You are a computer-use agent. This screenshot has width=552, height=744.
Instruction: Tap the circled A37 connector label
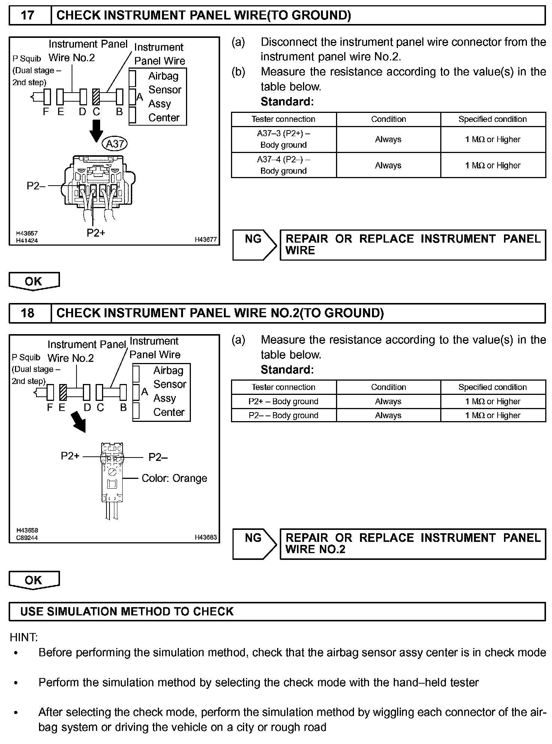(x=115, y=144)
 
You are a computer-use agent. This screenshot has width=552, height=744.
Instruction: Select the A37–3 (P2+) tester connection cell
(x=283, y=139)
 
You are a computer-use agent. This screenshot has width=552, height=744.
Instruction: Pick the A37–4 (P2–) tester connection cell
(x=283, y=165)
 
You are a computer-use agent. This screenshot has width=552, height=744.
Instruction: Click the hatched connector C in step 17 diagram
(x=96, y=97)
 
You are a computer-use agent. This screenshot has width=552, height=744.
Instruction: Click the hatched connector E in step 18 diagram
(x=63, y=393)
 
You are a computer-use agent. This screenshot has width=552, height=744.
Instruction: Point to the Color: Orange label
(x=174, y=478)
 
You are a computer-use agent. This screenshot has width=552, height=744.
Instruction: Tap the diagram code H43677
(x=205, y=240)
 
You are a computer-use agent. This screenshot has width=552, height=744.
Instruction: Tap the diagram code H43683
(x=205, y=537)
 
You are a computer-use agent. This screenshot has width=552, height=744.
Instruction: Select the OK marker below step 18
(x=34, y=580)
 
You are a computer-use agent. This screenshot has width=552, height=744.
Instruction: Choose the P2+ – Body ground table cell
(x=283, y=402)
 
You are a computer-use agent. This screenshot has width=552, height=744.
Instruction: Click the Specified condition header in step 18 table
(x=492, y=387)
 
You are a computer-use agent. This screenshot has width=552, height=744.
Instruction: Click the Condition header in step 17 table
(x=388, y=119)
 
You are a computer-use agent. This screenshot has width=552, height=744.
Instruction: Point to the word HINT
(x=24, y=637)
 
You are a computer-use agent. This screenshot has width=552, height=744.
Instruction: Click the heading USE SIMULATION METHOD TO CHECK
(x=127, y=612)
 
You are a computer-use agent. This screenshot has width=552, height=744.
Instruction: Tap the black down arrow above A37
(x=97, y=130)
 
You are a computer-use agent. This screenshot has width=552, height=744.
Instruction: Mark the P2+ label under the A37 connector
(x=96, y=233)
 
